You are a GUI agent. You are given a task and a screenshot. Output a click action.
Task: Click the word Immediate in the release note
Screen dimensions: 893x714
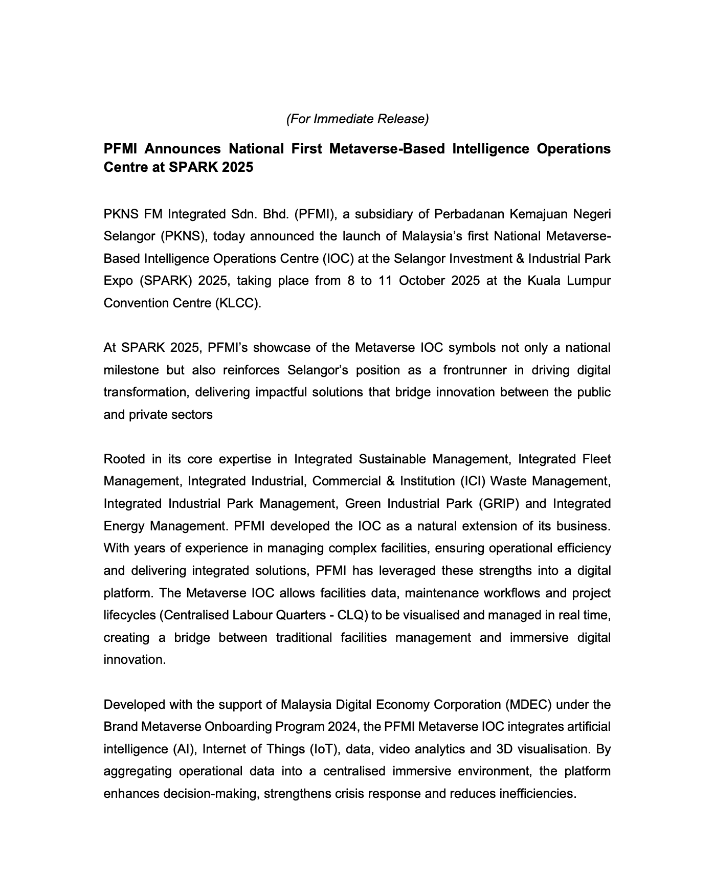tap(343, 119)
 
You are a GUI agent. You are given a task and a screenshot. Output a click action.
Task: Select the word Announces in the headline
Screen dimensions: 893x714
tap(183, 149)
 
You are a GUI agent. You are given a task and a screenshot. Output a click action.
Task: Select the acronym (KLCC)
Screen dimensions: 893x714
tap(239, 303)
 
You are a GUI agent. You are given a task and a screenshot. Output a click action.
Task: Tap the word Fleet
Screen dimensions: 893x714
tap(596, 459)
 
